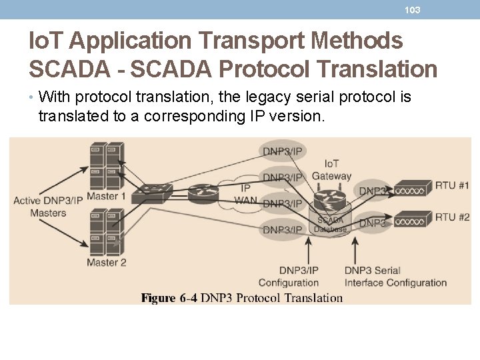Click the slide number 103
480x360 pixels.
(413, 10)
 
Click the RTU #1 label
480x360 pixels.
(453, 185)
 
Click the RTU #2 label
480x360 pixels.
(453, 217)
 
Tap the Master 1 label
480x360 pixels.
(107, 196)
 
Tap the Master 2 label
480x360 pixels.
(107, 262)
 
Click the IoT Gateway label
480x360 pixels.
(331, 170)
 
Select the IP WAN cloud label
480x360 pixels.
(245, 194)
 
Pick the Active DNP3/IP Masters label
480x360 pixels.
(49, 207)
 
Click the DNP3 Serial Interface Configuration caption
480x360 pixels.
(395, 276)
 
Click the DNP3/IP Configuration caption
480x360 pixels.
(289, 276)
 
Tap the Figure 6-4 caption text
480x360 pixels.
(242, 298)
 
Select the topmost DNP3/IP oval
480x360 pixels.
(283, 151)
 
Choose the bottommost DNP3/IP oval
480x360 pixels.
(283, 229)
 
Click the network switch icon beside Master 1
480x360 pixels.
(152, 194)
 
